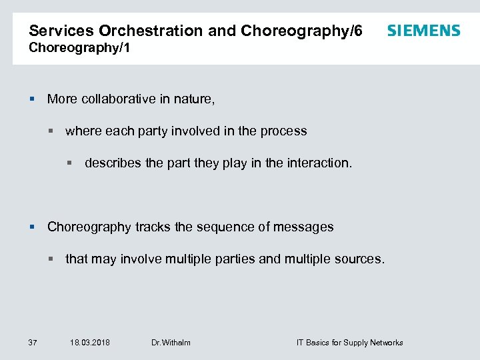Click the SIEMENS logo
pyautogui.click(x=423, y=31)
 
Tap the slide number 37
pyautogui.click(x=33, y=343)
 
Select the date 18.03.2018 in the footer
pyautogui.click(x=90, y=343)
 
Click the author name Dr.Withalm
pyautogui.click(x=171, y=343)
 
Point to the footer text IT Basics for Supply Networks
pyautogui.click(x=349, y=343)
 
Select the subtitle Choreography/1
pyautogui.click(x=74, y=48)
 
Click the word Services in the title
pyautogui.click(x=62, y=31)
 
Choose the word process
pyautogui.click(x=283, y=131)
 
